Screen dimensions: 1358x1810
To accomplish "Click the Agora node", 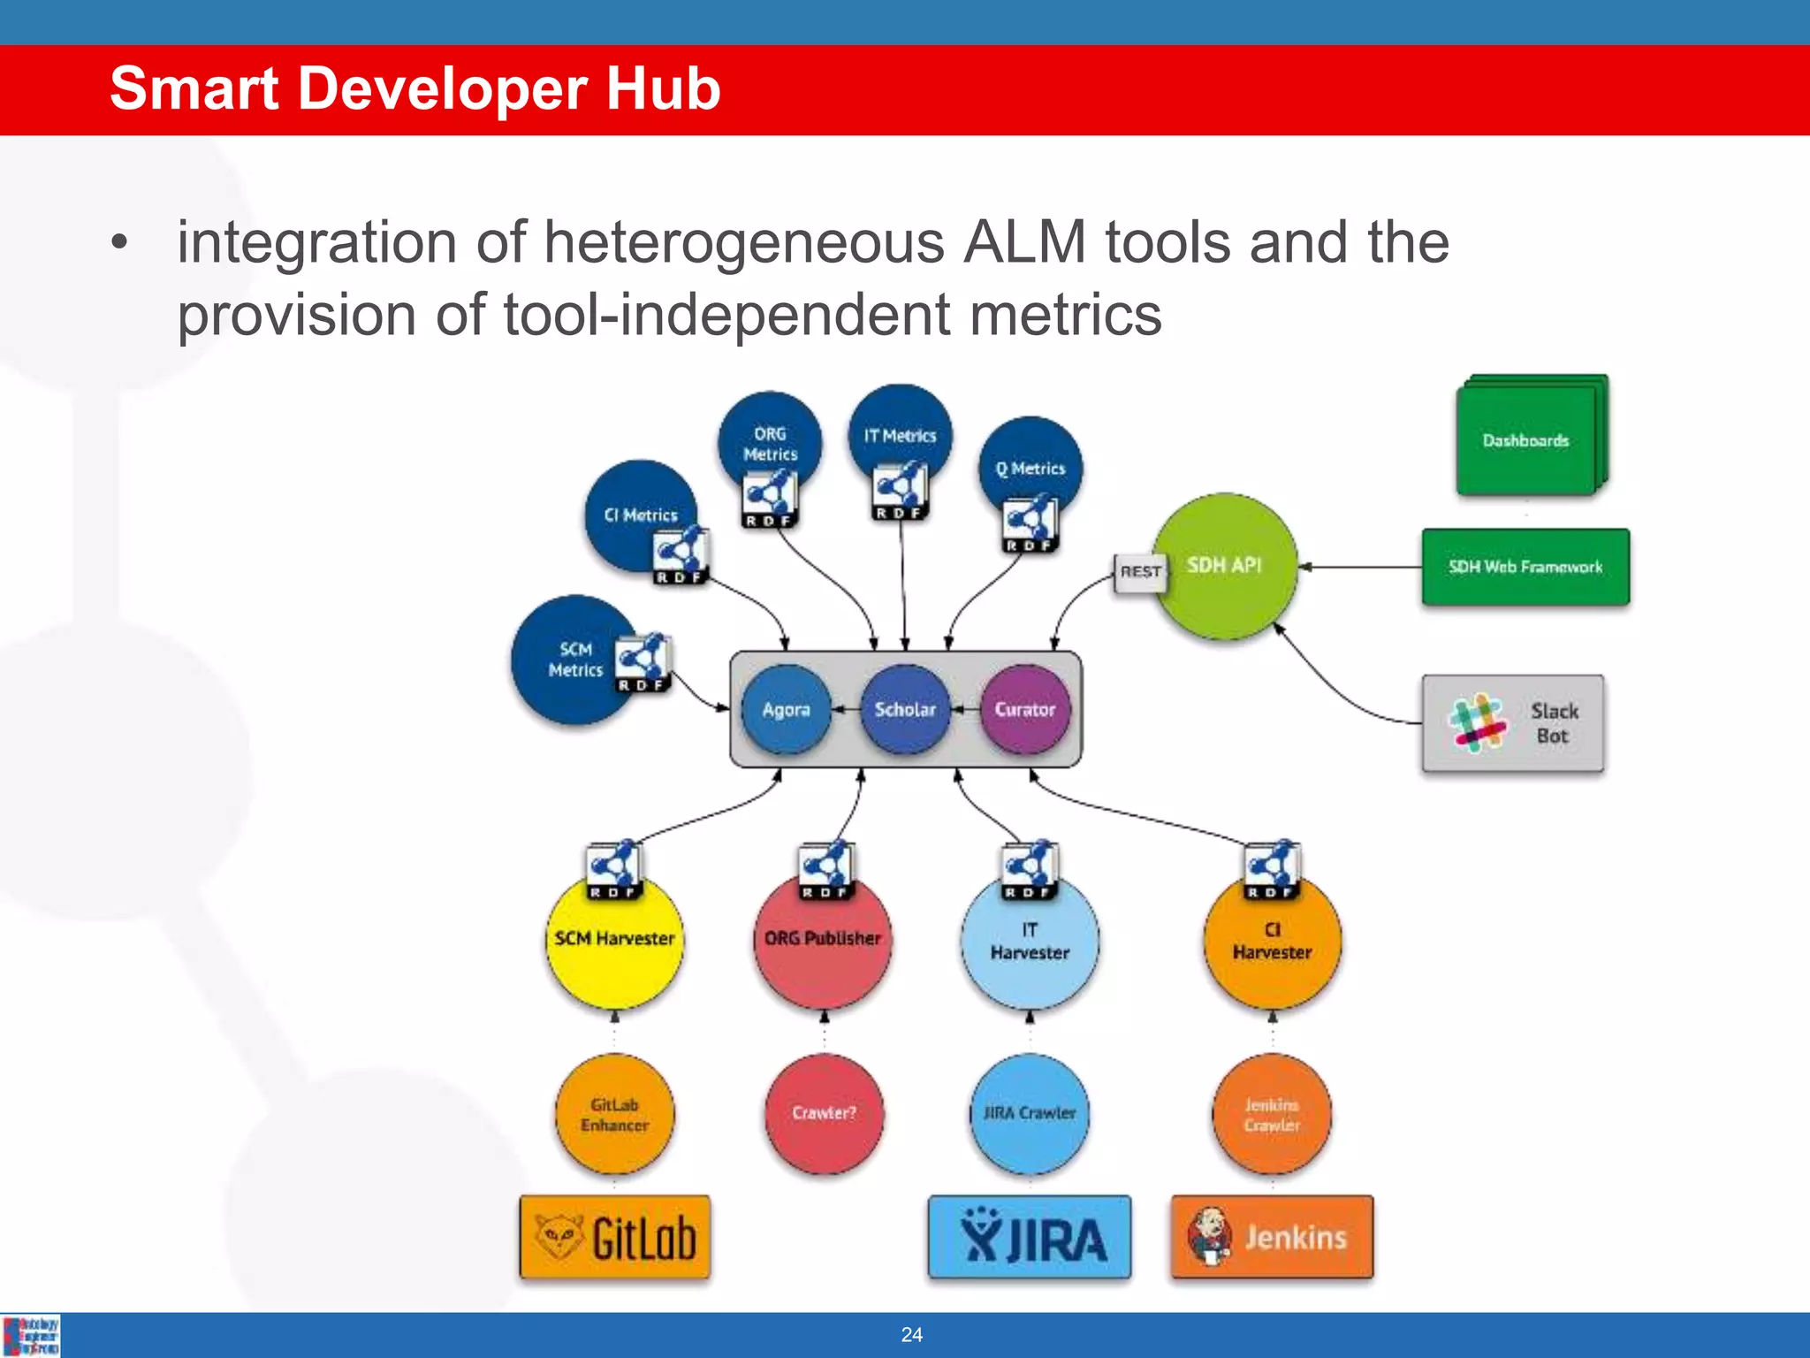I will [786, 709].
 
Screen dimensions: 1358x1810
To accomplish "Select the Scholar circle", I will [905, 709].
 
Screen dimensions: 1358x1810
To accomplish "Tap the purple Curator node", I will [1025, 709].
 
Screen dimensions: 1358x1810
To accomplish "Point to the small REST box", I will [1140, 572].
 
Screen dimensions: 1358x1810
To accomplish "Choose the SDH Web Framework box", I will [1525, 567].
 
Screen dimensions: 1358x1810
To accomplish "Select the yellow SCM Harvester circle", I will [614, 942].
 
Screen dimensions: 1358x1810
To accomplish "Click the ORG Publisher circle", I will [823, 942].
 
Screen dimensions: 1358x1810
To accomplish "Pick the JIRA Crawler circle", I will [1030, 1113].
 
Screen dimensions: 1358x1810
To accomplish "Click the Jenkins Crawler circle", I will [1272, 1115].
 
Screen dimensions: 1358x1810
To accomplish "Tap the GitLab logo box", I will [615, 1237].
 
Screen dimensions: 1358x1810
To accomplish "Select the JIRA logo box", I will [1030, 1237].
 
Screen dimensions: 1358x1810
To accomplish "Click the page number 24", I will [911, 1335].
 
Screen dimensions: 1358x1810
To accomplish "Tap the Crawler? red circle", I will [824, 1113].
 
